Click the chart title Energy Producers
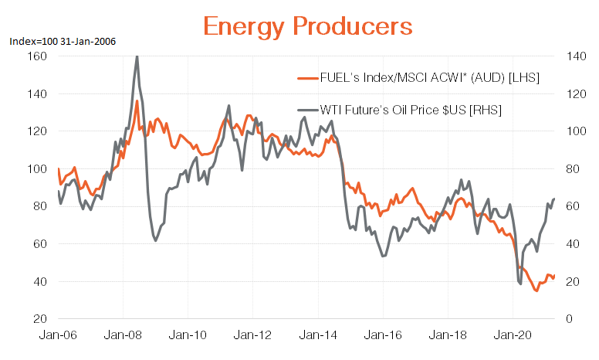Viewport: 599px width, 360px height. (x=307, y=25)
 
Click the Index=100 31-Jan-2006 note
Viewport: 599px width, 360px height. (x=63, y=42)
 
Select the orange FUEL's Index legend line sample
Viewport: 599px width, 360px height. (x=307, y=78)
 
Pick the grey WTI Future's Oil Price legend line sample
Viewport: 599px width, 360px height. (x=307, y=110)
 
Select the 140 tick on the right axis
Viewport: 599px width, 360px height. (x=565, y=56)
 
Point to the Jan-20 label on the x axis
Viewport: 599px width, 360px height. (x=513, y=337)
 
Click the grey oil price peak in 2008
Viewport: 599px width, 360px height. (x=137, y=56)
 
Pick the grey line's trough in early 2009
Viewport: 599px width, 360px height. (x=156, y=241)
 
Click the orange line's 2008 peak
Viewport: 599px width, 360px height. (x=137, y=101)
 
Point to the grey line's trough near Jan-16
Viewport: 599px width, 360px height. (x=383, y=256)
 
